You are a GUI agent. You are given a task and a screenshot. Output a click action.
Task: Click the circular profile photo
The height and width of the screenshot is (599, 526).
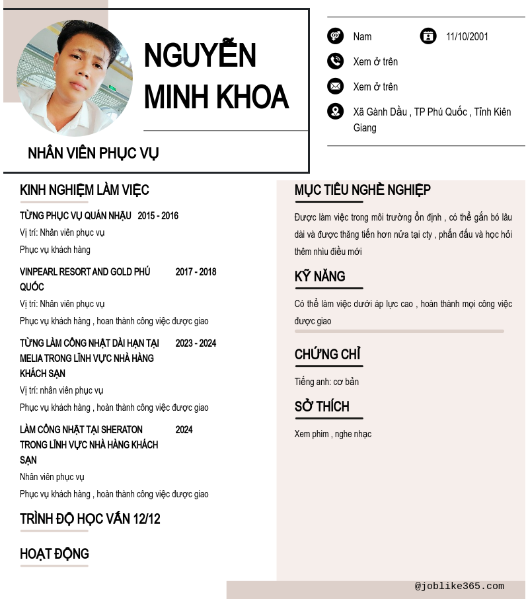[x=74, y=78]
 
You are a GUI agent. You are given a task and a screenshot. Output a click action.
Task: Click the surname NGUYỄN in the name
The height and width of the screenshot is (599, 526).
[x=200, y=55]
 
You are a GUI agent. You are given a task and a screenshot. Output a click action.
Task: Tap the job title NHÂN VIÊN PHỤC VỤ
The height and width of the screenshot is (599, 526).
[x=93, y=153]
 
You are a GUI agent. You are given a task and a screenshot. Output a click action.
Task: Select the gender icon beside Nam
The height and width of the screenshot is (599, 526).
[x=335, y=36]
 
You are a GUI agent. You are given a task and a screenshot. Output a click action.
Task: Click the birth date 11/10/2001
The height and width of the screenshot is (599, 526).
[x=467, y=36]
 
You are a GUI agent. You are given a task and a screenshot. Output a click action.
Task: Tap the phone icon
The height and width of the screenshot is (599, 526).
[x=335, y=61]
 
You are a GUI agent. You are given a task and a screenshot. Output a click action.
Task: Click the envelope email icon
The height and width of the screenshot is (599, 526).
[x=335, y=87]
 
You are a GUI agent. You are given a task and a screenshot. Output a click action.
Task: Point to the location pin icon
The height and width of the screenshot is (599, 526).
[x=335, y=112]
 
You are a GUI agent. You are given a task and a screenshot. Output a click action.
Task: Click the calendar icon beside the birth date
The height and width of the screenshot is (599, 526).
[x=428, y=36]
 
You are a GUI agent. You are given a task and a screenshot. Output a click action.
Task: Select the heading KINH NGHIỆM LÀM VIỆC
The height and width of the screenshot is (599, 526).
[x=85, y=190]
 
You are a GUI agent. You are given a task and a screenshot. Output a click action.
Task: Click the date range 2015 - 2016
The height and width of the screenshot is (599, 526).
[x=158, y=216]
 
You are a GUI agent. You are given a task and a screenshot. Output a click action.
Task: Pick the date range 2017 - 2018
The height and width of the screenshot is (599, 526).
[x=196, y=272]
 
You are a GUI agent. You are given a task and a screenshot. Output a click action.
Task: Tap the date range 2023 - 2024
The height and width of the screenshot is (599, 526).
[x=196, y=343]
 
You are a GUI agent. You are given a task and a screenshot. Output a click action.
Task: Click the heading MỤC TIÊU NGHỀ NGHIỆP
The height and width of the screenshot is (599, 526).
[x=362, y=190]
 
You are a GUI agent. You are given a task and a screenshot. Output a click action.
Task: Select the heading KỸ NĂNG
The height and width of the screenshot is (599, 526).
[x=320, y=277]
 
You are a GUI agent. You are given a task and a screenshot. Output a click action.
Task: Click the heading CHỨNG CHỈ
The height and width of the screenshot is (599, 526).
[x=327, y=355]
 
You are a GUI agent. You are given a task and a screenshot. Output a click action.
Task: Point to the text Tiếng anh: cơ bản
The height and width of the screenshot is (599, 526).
[x=326, y=382]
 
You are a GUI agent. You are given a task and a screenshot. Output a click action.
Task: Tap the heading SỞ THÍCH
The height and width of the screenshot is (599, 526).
[x=322, y=407]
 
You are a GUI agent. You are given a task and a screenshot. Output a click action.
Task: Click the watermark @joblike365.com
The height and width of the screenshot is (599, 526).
[x=459, y=586]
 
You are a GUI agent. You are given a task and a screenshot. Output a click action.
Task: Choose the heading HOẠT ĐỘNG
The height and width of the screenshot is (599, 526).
[x=54, y=554]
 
